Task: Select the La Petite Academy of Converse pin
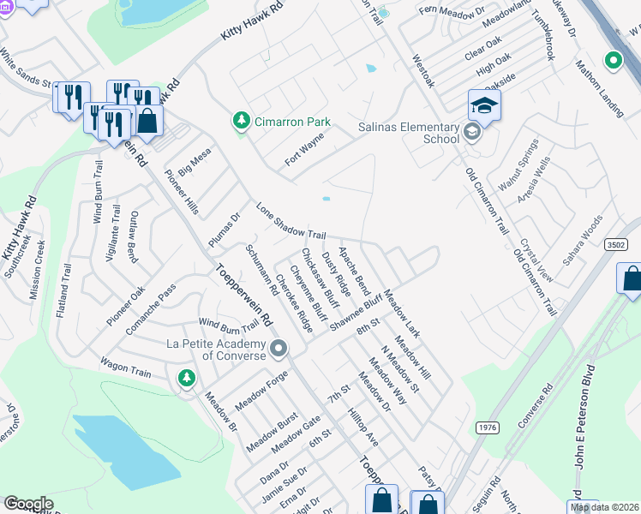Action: [x=279, y=349]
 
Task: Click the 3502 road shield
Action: [x=615, y=244]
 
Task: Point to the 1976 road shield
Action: [x=487, y=427]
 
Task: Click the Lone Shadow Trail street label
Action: [x=291, y=222]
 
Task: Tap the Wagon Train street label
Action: [x=125, y=364]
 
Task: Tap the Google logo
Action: [x=28, y=504]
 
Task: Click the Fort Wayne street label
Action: [x=305, y=149]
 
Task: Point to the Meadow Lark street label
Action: [x=401, y=314]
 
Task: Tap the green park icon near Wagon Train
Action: [x=186, y=377]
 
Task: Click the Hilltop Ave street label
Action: [x=363, y=426]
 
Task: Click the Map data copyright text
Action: [x=605, y=507]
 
